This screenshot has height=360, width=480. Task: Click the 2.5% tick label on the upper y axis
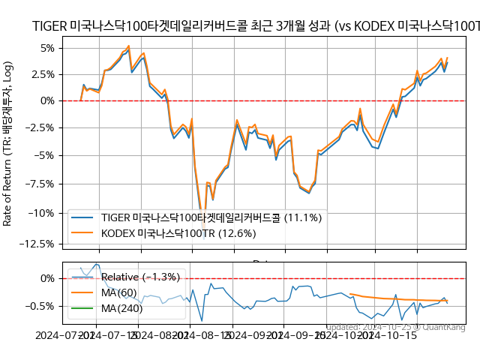[x=44, y=74]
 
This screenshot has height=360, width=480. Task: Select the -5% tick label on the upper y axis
[x=46, y=156]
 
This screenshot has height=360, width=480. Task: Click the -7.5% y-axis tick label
[x=42, y=184]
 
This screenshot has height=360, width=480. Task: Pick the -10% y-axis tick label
[x=43, y=213]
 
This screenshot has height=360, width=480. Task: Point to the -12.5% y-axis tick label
[x=40, y=244]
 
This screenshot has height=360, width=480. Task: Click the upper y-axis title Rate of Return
[x=8, y=142]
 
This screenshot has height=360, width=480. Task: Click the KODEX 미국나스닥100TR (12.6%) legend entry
[x=178, y=233]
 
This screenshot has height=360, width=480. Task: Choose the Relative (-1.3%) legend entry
[x=141, y=277]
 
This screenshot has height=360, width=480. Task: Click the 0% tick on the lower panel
[x=48, y=278]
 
